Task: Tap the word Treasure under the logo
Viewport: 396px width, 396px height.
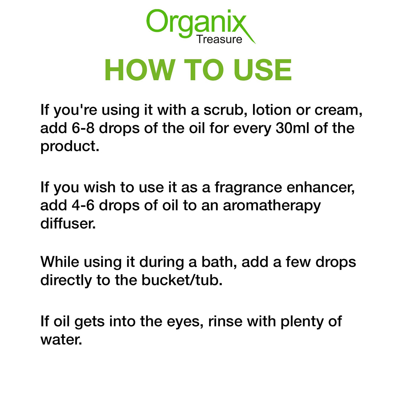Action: pos(219,39)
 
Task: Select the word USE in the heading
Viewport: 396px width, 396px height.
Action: pos(262,70)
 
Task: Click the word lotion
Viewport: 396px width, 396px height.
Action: pos(272,110)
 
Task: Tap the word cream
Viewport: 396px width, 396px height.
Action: pos(338,110)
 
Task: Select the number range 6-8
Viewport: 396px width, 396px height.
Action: pos(83,128)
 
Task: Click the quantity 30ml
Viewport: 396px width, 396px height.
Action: pos(292,128)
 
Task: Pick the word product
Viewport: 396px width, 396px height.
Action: pos(70,147)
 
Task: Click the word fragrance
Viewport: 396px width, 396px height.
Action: pos(248,187)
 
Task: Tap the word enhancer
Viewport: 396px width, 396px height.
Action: pos(321,187)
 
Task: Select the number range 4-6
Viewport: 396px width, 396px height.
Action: pos(83,206)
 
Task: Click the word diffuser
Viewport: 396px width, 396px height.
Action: pos(68,223)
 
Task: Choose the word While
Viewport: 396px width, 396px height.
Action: pos(60,262)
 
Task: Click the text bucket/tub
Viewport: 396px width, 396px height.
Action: pos(182,280)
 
